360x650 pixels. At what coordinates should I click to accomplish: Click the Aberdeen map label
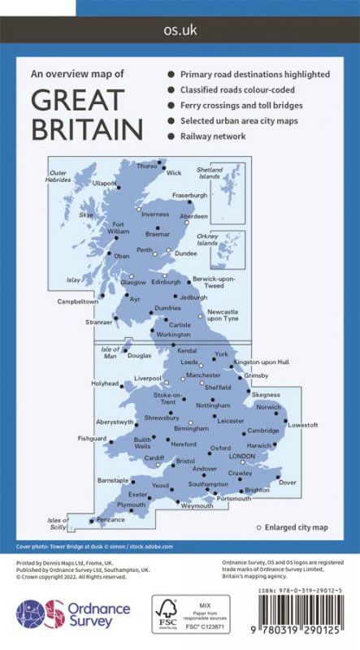pyautogui.click(x=193, y=218)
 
